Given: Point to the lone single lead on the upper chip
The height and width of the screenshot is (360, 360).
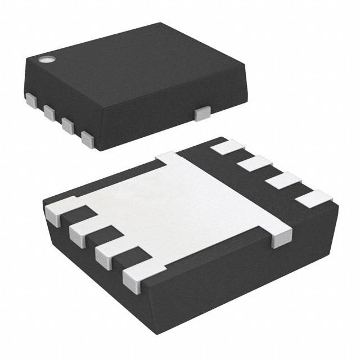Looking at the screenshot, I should (201, 114).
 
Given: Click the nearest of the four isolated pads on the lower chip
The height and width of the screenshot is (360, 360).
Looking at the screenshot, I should (312, 197).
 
